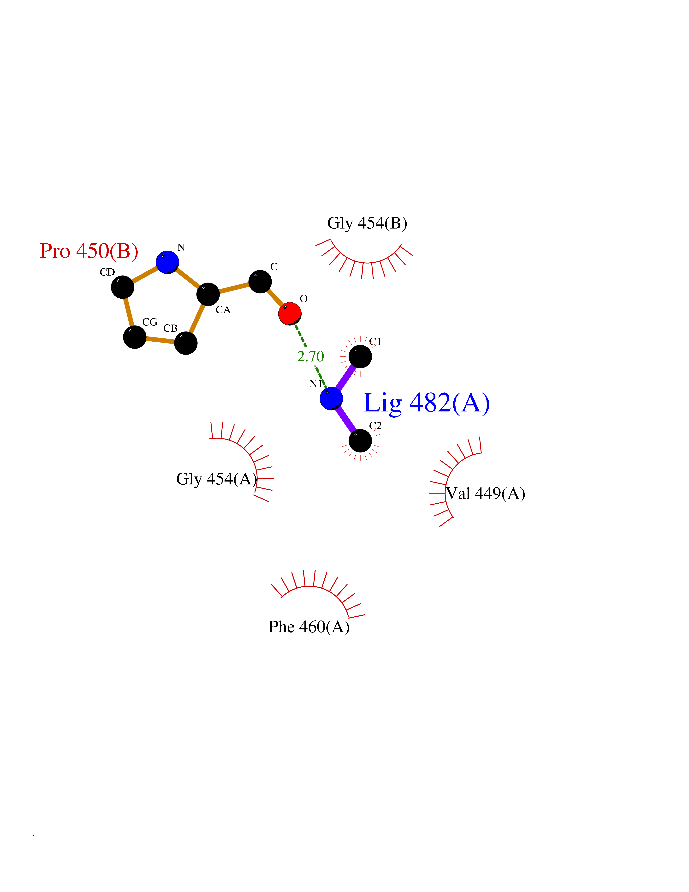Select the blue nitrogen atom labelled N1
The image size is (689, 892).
[x=331, y=398]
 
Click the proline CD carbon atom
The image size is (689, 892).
[x=122, y=287]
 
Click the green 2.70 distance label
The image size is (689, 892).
[x=311, y=356]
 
